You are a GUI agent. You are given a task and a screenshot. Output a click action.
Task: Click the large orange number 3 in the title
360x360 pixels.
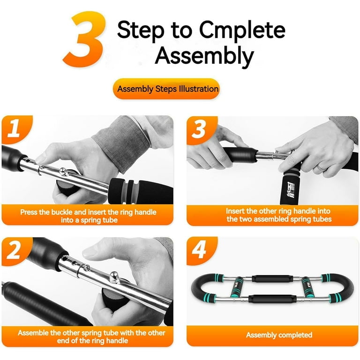[x=85, y=39]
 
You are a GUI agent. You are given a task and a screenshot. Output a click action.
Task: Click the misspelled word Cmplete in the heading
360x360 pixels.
[x=242, y=30]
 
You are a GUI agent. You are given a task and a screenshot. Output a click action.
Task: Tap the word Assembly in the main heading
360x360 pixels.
[x=204, y=56]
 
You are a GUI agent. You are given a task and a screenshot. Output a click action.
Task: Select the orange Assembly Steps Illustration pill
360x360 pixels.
[x=166, y=89]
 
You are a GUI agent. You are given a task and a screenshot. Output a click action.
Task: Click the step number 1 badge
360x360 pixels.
[x=14, y=129]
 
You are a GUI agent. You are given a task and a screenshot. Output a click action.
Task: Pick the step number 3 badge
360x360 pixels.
[x=199, y=130]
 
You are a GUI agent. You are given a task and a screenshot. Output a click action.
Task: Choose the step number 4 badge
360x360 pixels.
[x=199, y=250]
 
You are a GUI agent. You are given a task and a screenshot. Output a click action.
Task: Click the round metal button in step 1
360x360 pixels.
[x=63, y=172]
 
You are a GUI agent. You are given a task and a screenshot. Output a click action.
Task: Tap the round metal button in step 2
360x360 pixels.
[x=114, y=277]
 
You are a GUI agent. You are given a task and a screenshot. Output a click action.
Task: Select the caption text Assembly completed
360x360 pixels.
[x=279, y=335]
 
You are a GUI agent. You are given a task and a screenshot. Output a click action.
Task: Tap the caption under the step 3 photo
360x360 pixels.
[x=279, y=215]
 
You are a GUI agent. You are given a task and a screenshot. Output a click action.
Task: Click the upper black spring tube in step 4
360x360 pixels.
[x=272, y=278]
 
